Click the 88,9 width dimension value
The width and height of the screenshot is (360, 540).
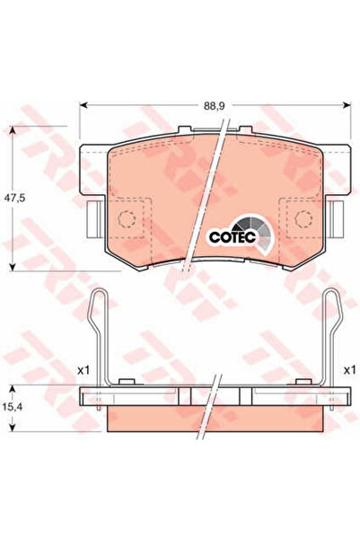point(214,106)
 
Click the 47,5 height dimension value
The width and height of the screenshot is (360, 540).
point(14,199)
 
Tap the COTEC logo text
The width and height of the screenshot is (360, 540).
point(233,237)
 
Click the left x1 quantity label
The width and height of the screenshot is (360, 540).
point(83,370)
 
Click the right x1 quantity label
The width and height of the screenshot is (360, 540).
point(349,370)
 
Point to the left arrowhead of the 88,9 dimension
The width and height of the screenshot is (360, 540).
point(83,105)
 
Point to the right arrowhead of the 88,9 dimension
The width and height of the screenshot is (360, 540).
point(347,105)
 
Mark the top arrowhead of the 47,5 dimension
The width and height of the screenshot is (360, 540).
point(13,130)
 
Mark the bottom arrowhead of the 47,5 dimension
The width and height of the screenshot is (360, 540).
point(13,267)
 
